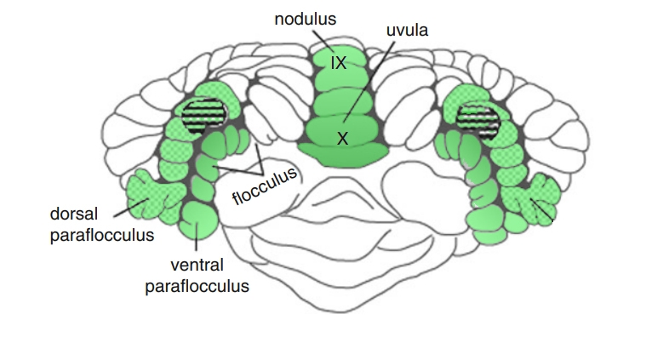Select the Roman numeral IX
point(338,63)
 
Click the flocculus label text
point(266,186)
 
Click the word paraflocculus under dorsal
point(102,235)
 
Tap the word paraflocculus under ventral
point(198,286)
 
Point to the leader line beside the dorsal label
point(126,205)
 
